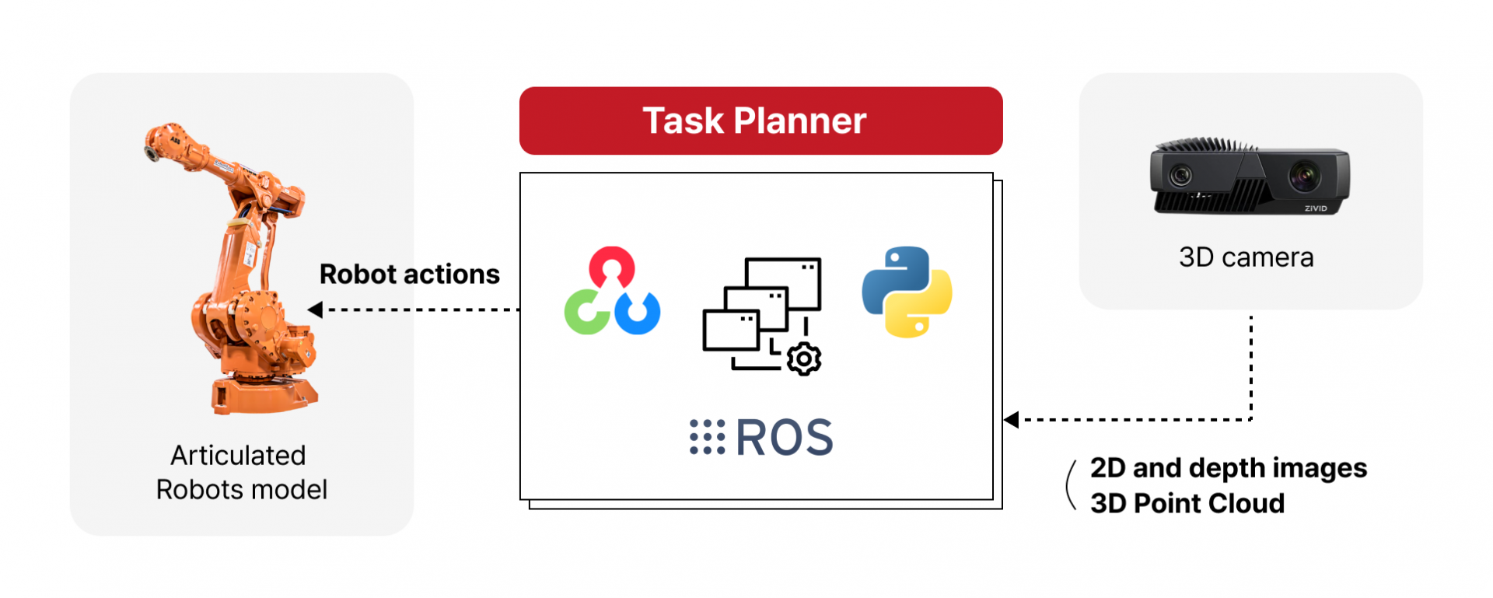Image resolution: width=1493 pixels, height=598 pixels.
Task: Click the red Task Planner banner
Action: coord(760,121)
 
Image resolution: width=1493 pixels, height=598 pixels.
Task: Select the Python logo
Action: coord(907,292)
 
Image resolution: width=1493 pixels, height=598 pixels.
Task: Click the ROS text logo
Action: coord(784,437)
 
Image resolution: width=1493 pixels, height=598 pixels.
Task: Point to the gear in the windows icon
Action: coord(804,359)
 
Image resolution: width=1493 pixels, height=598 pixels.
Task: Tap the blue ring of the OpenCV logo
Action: coord(638,313)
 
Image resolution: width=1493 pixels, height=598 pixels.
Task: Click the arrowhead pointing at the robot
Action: coord(315,309)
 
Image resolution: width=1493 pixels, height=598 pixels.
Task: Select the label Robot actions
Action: coord(410,275)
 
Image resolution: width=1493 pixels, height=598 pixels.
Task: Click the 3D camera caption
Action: coord(1246,257)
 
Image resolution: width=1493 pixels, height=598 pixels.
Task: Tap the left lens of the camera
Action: coord(1180,175)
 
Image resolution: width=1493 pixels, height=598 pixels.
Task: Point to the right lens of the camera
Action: coord(1304,175)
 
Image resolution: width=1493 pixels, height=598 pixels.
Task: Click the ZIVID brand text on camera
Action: coord(1316,208)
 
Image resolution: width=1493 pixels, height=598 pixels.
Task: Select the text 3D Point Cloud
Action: coord(1187,503)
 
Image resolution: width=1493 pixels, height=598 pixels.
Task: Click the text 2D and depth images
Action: coord(1229,468)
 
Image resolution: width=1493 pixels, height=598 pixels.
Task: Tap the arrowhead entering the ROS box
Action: coord(1011,420)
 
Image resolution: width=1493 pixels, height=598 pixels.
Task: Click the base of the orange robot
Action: coord(264,393)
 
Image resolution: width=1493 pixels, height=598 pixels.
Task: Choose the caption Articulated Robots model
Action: coord(241,472)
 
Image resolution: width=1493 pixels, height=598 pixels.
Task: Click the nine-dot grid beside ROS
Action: coord(707,437)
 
